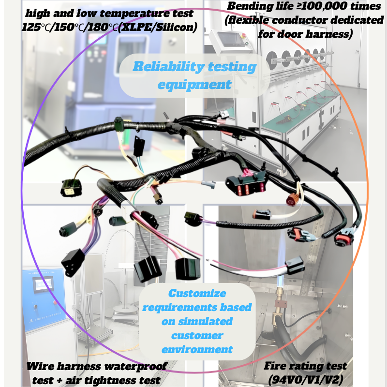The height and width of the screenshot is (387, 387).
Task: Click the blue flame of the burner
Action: (280, 281)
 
